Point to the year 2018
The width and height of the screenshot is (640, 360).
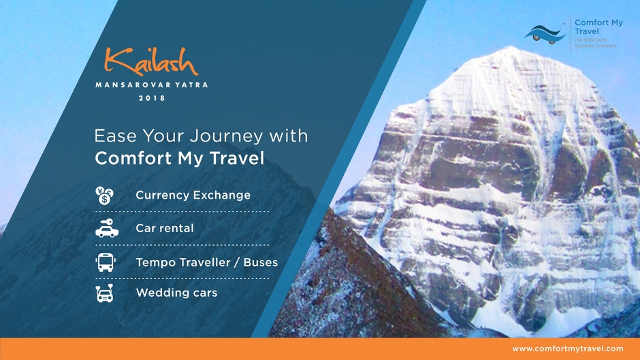click(152, 98)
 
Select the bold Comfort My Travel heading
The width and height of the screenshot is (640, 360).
click(180, 159)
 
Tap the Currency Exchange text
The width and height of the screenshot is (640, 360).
click(193, 195)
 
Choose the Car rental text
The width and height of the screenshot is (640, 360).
click(164, 229)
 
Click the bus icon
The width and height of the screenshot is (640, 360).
click(106, 262)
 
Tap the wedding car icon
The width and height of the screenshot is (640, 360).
click(106, 293)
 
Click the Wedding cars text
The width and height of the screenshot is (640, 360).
click(176, 293)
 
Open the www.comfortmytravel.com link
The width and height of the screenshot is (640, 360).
click(568, 348)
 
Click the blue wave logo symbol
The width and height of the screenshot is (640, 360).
click(545, 33)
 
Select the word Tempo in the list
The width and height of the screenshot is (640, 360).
click(156, 262)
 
